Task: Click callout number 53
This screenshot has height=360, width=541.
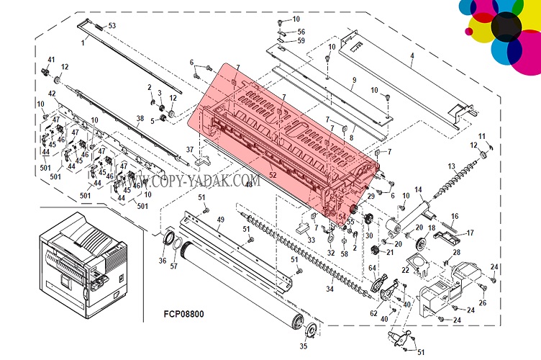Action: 112,26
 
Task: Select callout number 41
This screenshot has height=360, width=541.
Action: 51,59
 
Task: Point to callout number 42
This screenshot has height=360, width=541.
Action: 52,94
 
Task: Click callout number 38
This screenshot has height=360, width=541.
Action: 140,118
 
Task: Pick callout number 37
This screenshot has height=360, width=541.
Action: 190,150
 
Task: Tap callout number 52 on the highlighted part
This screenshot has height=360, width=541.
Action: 273,174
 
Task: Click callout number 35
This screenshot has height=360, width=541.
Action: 302,346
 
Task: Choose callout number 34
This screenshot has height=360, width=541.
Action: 329,289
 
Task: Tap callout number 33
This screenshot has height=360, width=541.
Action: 311,240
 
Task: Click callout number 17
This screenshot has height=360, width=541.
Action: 470,233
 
